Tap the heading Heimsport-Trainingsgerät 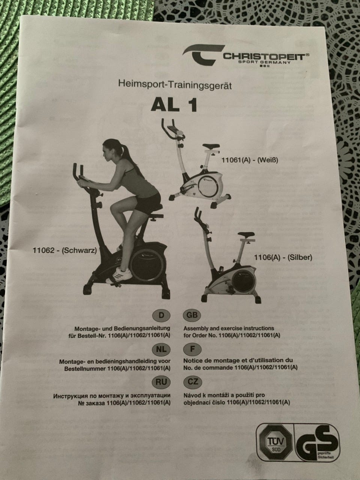pyautogui.click(x=175, y=85)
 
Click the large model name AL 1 pyautogui.click(x=174, y=105)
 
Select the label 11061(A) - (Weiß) pyautogui.click(x=250, y=160)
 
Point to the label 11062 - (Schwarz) pyautogui.click(x=65, y=250)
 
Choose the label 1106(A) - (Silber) pyautogui.click(x=283, y=257)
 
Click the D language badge pyautogui.click(x=161, y=315)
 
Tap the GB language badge pyautogui.click(x=192, y=315)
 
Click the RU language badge pyautogui.click(x=161, y=382)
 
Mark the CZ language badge pyautogui.click(x=193, y=382)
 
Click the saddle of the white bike pyautogui.click(x=211, y=146)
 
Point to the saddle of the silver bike pyautogui.click(x=246, y=235)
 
